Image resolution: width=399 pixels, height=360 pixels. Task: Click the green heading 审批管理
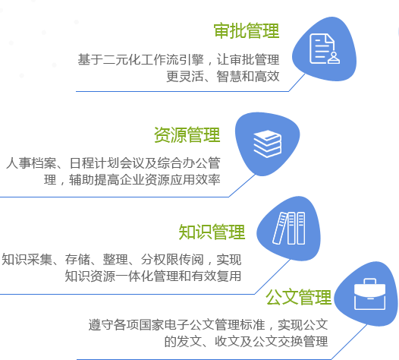(247, 31)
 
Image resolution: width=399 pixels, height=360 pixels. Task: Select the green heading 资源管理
(187, 134)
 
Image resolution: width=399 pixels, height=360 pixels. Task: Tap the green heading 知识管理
(212, 232)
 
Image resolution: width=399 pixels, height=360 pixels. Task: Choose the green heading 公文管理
(298, 297)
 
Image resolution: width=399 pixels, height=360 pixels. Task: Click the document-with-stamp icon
(325, 49)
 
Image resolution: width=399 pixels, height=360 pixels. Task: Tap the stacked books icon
(268, 144)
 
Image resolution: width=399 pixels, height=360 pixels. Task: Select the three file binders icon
(289, 228)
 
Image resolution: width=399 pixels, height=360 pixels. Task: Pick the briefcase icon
(369, 294)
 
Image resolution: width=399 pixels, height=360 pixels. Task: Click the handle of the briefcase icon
(369, 281)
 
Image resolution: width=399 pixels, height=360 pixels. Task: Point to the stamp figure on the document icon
(334, 58)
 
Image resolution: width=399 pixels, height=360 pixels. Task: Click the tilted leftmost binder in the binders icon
(280, 229)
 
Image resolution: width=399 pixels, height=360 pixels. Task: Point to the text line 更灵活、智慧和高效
(223, 77)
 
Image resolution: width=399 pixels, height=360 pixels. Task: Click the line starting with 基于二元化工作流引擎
(178, 60)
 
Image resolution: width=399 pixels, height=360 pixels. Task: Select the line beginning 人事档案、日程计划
(113, 163)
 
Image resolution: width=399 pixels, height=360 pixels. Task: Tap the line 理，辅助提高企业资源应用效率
(132, 180)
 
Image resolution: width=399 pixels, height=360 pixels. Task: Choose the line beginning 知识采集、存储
(121, 260)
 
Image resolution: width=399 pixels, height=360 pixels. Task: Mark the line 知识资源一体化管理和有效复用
(153, 276)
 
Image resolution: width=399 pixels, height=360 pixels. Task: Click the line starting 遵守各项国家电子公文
(208, 325)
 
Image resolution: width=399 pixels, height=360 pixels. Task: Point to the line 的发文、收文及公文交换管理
(246, 342)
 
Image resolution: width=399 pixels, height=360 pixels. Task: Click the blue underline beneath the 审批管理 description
(182, 91)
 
